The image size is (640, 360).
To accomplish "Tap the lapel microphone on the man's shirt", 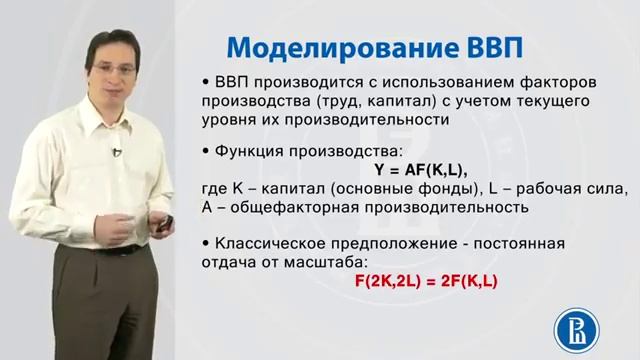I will [x=117, y=152].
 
